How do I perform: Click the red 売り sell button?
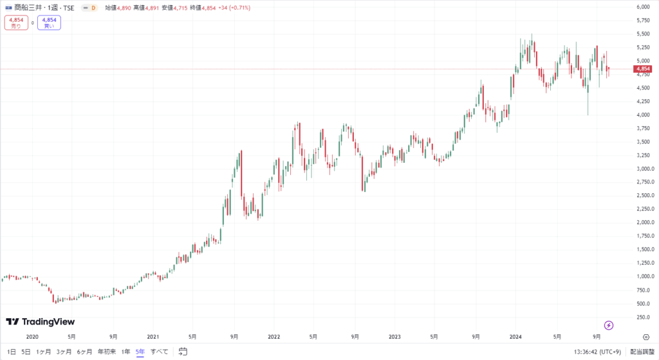pyautogui.click(x=16, y=23)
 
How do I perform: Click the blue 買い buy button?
pyautogui.click(x=48, y=23)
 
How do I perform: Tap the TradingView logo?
pyautogui.click(x=41, y=321)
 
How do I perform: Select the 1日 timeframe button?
pyautogui.click(x=12, y=352)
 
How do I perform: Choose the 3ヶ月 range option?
pyautogui.click(x=64, y=352)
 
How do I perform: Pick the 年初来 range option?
pyautogui.click(x=106, y=352)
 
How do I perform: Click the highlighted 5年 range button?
pyautogui.click(x=140, y=352)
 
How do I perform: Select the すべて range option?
pyautogui.click(x=160, y=352)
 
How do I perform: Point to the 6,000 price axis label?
pyautogui.click(x=642, y=7)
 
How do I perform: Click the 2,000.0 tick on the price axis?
pyautogui.click(x=642, y=222)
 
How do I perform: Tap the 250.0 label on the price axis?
pyautogui.click(x=642, y=316)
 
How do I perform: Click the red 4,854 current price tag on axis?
pyautogui.click(x=642, y=69)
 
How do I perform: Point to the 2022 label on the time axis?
pyautogui.click(x=274, y=336)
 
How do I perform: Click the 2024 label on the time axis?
pyautogui.click(x=515, y=336)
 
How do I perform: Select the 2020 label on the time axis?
pyautogui.click(x=32, y=336)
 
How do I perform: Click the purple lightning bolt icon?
pyautogui.click(x=609, y=325)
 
